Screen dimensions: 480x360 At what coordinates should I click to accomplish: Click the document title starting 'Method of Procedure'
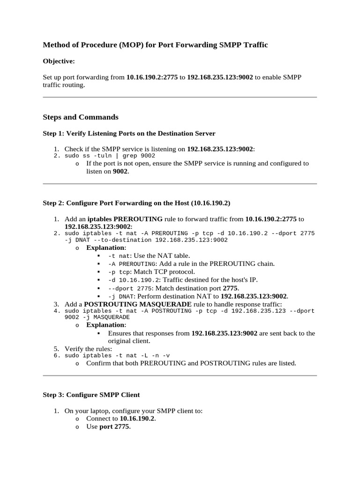point(155,45)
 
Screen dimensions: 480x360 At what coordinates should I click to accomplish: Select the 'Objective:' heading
point(59,61)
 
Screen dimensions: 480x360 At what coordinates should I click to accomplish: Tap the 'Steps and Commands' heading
point(81,117)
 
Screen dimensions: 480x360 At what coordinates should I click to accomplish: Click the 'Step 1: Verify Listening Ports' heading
point(129,134)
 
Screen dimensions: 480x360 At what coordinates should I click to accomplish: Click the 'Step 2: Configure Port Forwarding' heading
point(136,203)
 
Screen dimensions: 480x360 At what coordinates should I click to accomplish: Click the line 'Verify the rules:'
point(88,349)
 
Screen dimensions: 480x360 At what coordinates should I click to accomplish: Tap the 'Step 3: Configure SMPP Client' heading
point(91,395)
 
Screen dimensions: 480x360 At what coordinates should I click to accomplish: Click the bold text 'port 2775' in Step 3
point(115,427)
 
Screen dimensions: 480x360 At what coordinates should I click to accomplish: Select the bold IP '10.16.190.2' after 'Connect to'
point(137,419)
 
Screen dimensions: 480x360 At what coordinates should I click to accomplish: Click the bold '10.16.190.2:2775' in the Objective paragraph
point(152,77)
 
